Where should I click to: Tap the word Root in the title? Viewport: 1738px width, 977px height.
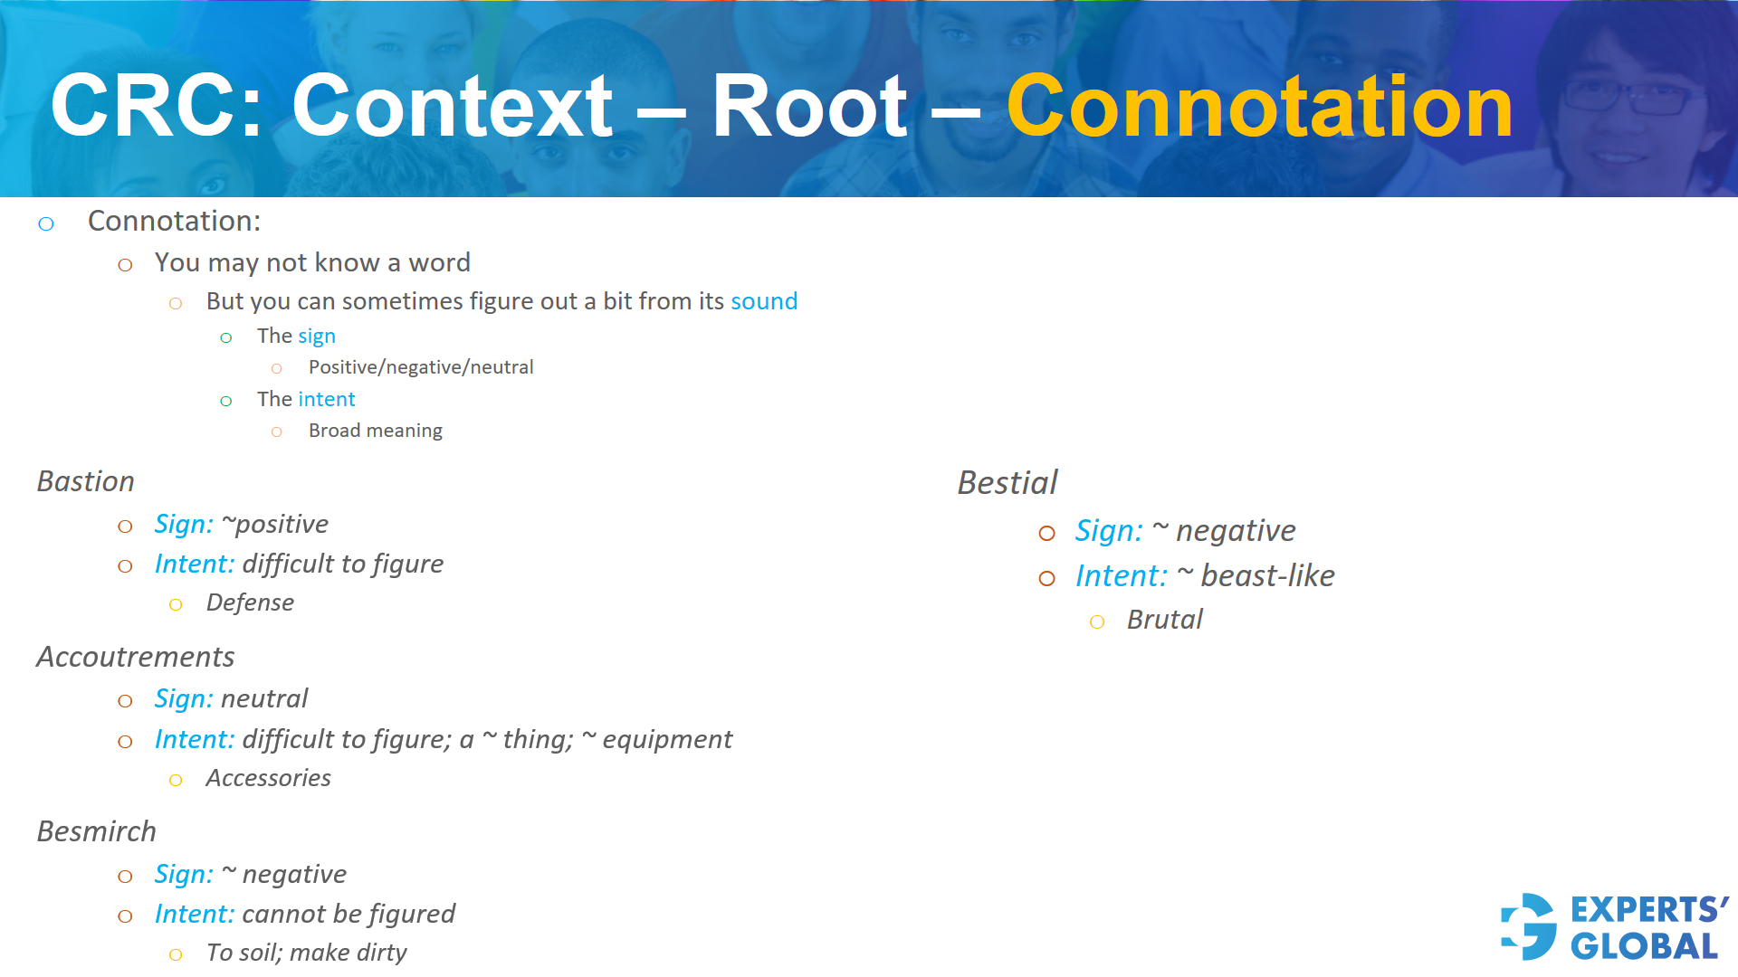pyautogui.click(x=808, y=108)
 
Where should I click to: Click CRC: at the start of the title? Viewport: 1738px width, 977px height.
pyautogui.click(x=156, y=108)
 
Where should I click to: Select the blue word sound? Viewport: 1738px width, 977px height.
pyautogui.click(x=764, y=301)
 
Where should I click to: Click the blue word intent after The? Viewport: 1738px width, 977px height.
pyautogui.click(x=326, y=399)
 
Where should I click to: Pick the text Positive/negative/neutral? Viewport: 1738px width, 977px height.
pyautogui.click(x=421, y=367)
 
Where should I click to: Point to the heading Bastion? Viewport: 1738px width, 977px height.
pyautogui.click(x=86, y=481)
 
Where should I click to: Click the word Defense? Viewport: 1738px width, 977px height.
pyautogui.click(x=250, y=602)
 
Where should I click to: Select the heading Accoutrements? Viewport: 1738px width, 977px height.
pyautogui.click(x=136, y=657)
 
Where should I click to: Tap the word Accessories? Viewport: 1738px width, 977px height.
pyautogui.click(x=268, y=778)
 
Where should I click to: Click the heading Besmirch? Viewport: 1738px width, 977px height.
pyautogui.click(x=97, y=831)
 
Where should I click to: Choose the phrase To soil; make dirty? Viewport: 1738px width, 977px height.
pyautogui.click(x=306, y=953)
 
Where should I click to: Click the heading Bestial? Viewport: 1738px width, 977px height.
pyautogui.click(x=1007, y=483)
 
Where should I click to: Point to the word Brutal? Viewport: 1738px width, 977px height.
pyautogui.click(x=1164, y=620)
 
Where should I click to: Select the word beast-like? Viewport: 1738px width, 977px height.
pyautogui.click(x=1267, y=576)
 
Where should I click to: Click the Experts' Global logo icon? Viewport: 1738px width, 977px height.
pyautogui.click(x=1529, y=926)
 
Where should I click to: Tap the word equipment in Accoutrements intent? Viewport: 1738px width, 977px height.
pyautogui.click(x=667, y=740)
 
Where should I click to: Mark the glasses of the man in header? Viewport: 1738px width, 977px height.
pyautogui.click(x=1629, y=96)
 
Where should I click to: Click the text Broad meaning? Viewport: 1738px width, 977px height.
pyautogui.click(x=375, y=431)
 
